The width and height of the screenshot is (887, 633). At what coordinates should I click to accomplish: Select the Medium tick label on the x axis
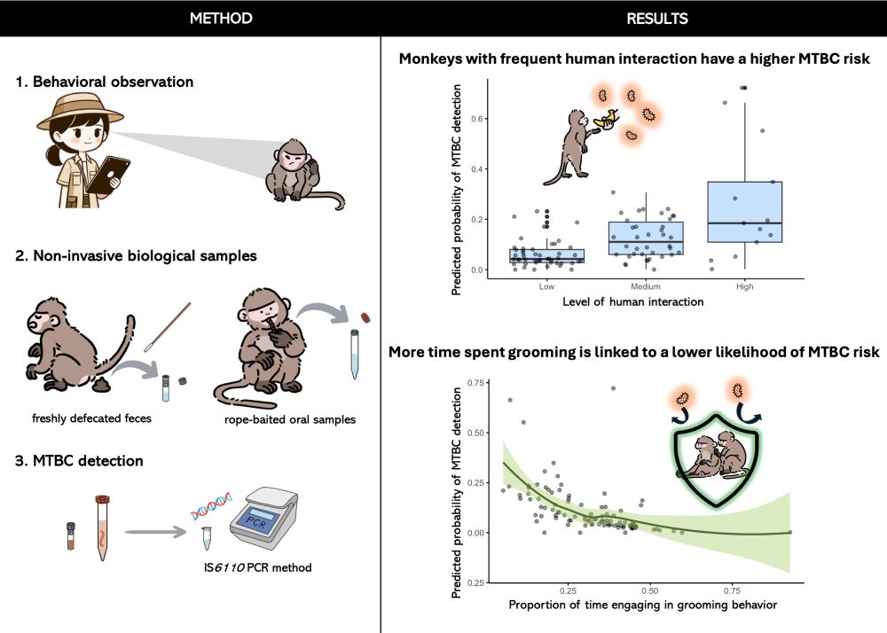(x=645, y=287)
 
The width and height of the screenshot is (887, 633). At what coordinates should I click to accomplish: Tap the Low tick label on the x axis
(x=546, y=287)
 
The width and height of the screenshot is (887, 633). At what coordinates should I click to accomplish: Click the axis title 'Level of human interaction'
(x=632, y=302)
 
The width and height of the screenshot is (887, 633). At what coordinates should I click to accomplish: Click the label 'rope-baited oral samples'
(x=295, y=418)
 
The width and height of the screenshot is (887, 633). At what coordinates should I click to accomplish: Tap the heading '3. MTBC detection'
(x=78, y=461)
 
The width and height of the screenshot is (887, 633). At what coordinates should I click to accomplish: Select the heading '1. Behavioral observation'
(x=104, y=82)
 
